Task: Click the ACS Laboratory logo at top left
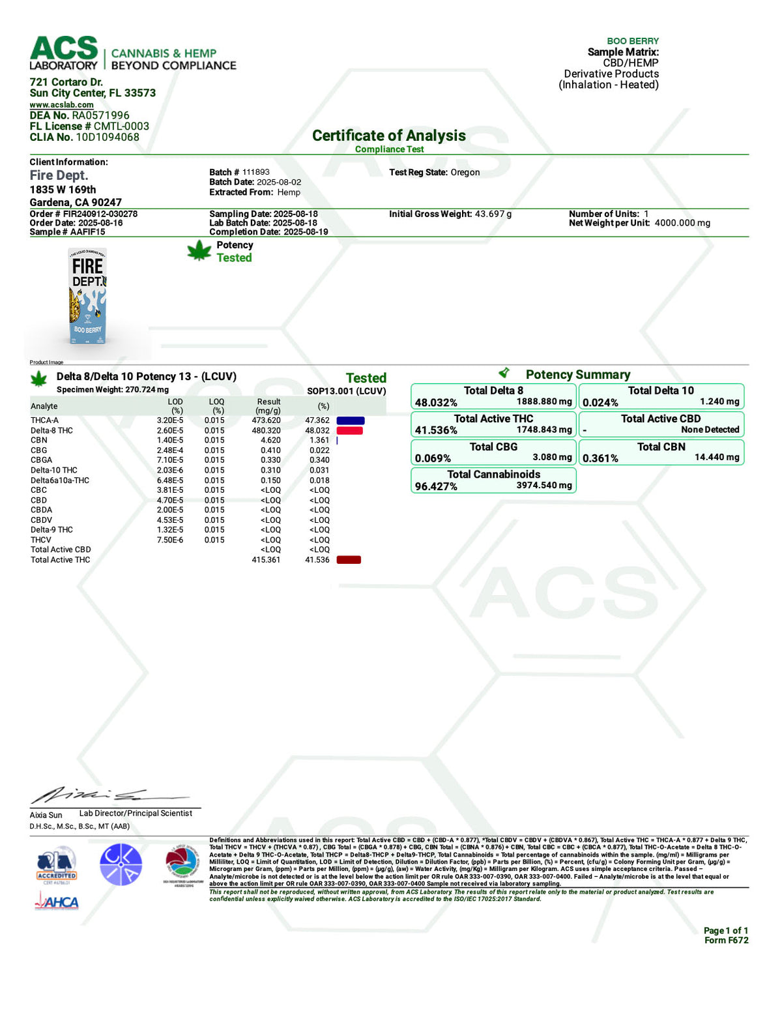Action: (64, 53)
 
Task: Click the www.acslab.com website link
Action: (61, 104)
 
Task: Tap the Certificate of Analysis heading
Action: (388, 136)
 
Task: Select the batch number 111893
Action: (255, 172)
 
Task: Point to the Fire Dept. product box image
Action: (87, 297)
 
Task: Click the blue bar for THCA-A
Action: (350, 420)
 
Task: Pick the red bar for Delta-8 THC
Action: (349, 430)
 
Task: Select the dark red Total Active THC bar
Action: (349, 560)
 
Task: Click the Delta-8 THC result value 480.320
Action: (266, 430)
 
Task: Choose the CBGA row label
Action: (41, 460)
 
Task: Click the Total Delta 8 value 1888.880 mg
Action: (544, 402)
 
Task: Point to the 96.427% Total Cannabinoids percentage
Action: (436, 486)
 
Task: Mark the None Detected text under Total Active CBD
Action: (710, 430)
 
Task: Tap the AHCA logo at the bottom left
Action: (57, 902)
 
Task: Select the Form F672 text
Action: (726, 940)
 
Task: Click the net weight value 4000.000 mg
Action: (682, 223)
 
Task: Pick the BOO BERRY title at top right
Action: (632, 41)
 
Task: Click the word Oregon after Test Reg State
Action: (465, 172)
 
